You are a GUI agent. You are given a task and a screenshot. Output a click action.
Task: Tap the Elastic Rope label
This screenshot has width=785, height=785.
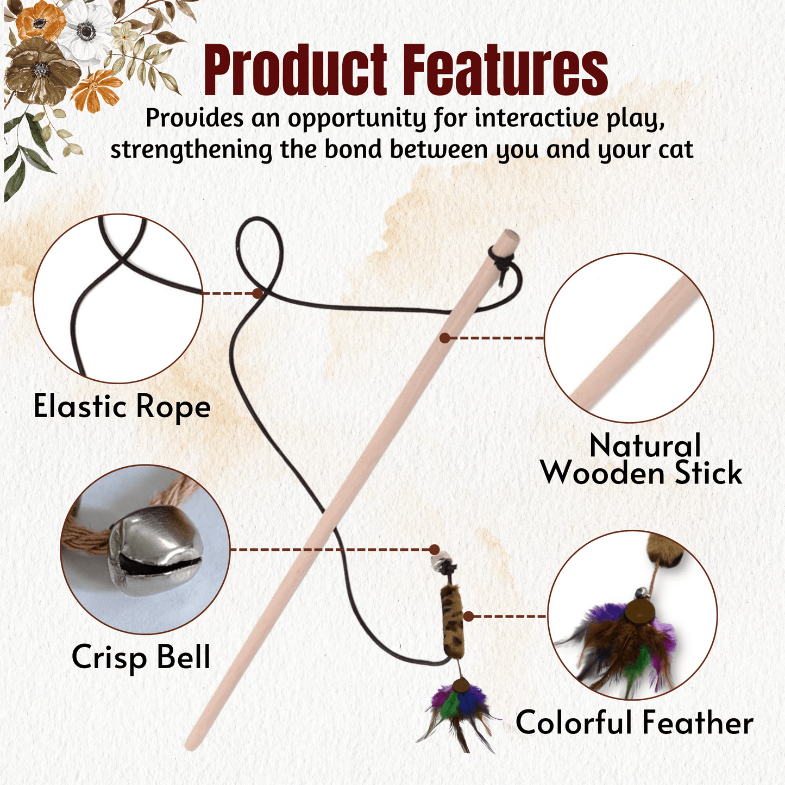(x=122, y=407)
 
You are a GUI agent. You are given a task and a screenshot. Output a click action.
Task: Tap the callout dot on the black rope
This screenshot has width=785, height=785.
(x=258, y=293)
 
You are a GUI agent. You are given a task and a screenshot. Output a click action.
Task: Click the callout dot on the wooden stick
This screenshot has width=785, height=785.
(x=445, y=338)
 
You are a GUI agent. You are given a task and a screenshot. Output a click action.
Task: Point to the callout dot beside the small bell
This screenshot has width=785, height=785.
(x=435, y=550)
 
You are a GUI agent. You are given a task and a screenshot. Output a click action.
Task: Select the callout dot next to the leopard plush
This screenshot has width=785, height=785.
(x=468, y=617)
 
